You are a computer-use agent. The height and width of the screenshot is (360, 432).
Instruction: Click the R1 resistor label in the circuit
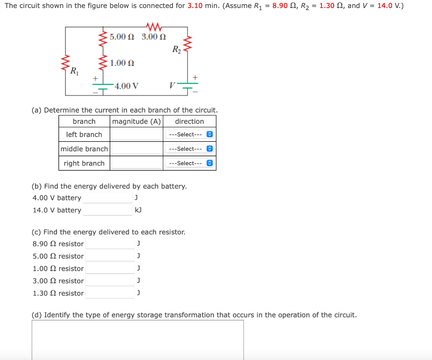[74, 70]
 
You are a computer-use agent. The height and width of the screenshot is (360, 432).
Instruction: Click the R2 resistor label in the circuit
[177, 49]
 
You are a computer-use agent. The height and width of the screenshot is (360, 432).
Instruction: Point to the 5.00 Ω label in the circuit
[122, 37]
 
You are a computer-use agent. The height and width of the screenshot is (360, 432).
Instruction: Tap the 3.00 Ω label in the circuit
[154, 37]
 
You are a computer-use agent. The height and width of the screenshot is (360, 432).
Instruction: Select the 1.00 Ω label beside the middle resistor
[122, 63]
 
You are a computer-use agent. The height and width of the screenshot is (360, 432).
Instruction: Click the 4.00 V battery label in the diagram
[126, 86]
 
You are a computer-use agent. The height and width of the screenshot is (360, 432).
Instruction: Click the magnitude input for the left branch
[136, 134]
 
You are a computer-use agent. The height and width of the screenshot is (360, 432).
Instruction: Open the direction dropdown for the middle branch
[189, 149]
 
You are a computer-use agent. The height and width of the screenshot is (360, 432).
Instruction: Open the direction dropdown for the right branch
[189, 163]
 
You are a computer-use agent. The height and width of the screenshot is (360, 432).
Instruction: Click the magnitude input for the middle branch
[136, 148]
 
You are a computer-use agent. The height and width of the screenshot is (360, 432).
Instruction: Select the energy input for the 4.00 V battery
[108, 198]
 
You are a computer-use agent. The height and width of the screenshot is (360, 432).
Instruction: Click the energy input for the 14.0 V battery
[108, 210]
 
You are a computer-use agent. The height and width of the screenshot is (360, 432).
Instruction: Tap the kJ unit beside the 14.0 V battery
[138, 210]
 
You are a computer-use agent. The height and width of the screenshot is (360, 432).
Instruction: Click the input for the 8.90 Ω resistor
[110, 244]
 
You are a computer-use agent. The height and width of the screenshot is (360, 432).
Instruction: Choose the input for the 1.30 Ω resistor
[110, 293]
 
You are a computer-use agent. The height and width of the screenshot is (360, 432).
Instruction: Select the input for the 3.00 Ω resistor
[110, 281]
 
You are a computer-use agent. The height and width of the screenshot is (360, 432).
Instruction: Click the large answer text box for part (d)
[138, 339]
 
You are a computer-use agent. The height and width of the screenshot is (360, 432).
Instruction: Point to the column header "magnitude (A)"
[136, 121]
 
